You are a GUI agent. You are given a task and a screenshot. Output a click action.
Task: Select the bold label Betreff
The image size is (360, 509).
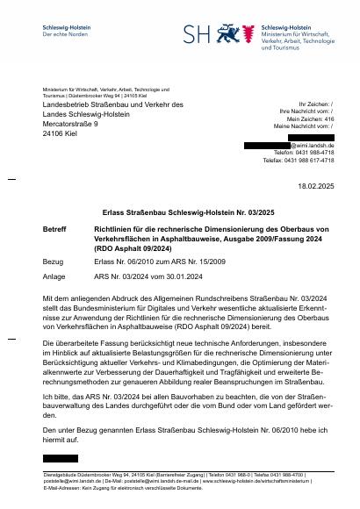[x=54, y=228]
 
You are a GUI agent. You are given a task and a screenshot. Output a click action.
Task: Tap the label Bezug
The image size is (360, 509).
[x=53, y=262]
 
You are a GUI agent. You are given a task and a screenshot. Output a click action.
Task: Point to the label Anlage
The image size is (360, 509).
[x=54, y=276]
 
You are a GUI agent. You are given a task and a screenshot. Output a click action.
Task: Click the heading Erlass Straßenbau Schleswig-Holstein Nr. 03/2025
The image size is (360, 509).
[x=180, y=211]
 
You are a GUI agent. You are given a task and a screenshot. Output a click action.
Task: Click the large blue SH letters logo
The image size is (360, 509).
[x=203, y=33]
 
